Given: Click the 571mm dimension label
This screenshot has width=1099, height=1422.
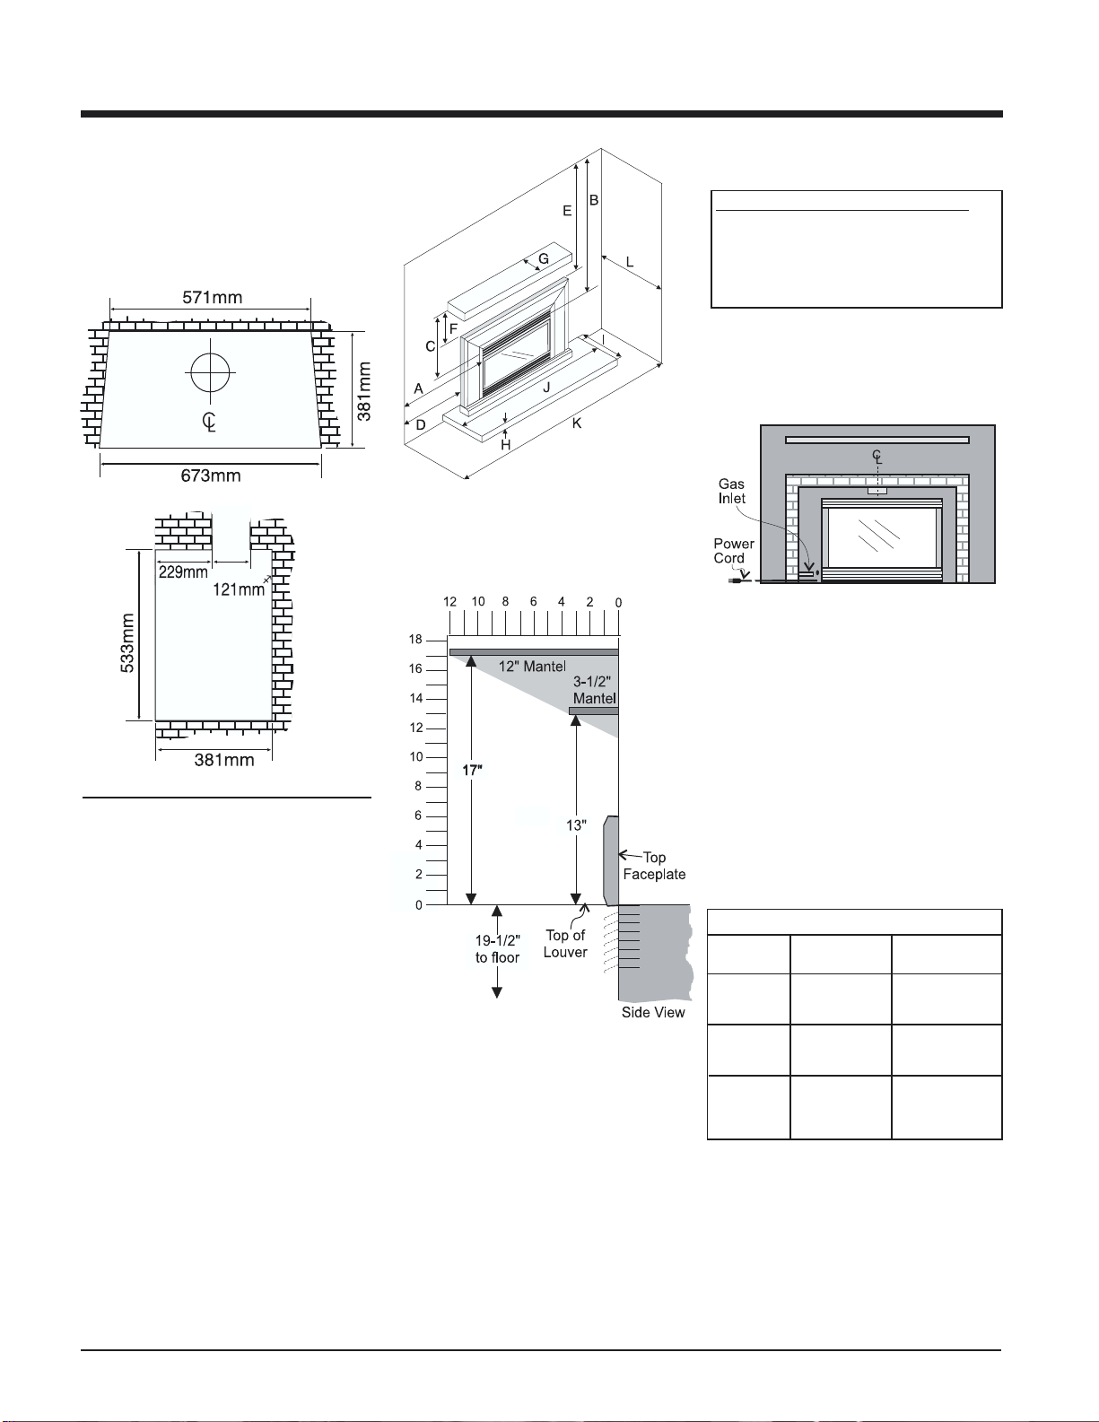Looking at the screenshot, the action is (212, 298).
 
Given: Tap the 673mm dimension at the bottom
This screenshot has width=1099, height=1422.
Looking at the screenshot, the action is (211, 475).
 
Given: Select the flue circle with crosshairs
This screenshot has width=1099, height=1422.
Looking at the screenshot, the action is (210, 371).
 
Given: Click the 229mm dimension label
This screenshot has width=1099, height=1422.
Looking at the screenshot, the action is (183, 572).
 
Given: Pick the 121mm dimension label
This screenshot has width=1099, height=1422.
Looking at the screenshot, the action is (238, 589).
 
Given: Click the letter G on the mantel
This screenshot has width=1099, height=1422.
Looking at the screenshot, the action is (544, 259).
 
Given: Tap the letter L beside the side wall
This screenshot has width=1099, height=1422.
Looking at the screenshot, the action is (629, 262).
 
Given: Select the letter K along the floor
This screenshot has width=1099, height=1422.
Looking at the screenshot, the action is (576, 423).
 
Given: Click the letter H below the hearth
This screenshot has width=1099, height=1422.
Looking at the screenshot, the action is (505, 445).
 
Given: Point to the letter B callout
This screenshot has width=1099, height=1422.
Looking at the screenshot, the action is (594, 200).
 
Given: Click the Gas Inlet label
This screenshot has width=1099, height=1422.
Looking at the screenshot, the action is (731, 491).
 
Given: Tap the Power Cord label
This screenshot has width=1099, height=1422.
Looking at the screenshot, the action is (733, 551).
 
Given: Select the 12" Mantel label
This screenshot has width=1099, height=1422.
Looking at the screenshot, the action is (532, 667).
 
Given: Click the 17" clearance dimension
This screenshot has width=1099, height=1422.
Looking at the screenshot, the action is (472, 771).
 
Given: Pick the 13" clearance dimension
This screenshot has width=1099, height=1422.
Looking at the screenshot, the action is (576, 825).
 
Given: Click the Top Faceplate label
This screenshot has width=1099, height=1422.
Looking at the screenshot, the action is (654, 866).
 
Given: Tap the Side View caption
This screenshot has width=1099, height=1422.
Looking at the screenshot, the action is (653, 1012).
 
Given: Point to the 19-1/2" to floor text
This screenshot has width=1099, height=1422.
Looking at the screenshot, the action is (497, 949).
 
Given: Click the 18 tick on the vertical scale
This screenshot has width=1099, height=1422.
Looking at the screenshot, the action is (415, 640).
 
